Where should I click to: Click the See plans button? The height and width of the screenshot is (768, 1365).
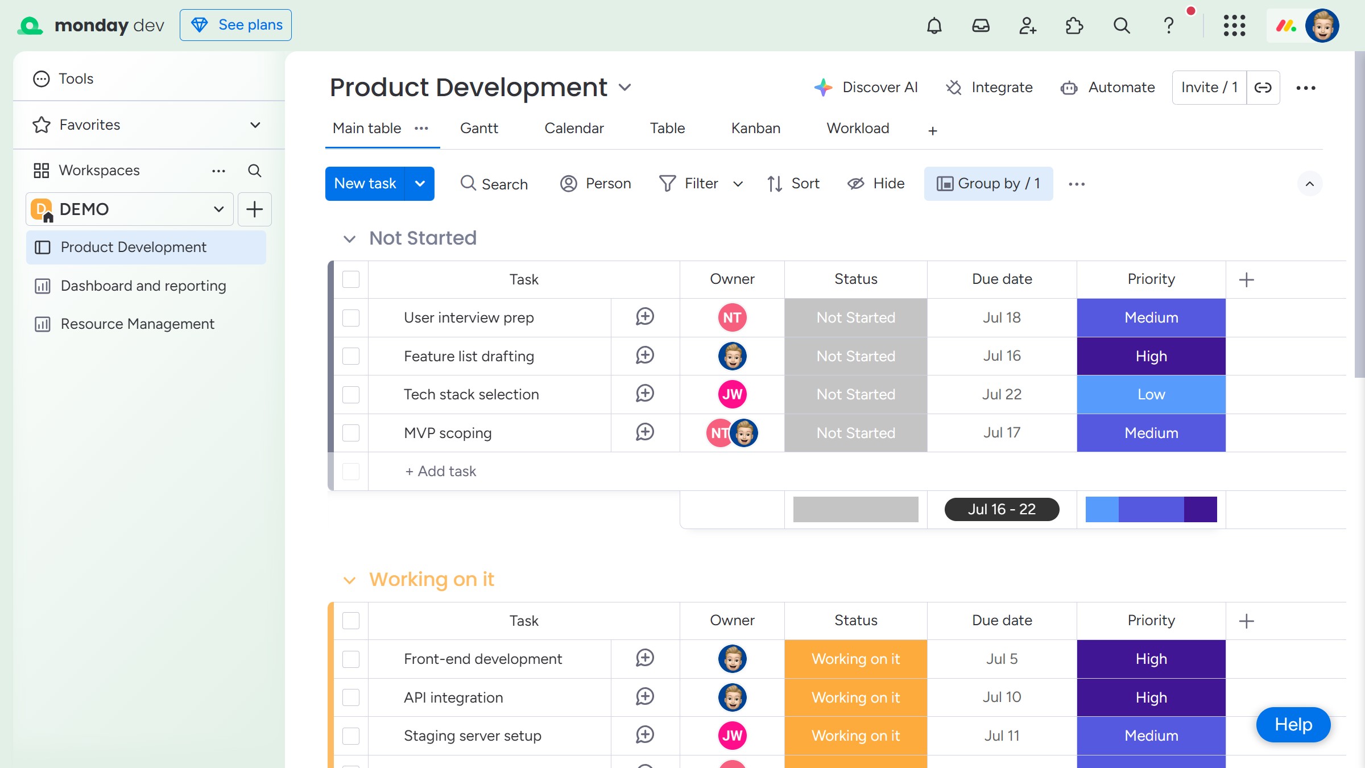coord(235,25)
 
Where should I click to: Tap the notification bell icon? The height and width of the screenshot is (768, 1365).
coord(934,26)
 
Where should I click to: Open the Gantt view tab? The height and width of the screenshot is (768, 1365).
coord(479,128)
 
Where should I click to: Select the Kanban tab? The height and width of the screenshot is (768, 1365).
coord(755,128)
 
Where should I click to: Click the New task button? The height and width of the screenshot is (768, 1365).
coord(365,183)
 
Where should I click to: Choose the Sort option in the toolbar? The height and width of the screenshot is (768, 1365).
coord(793,183)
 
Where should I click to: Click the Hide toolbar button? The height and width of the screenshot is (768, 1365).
coord(876,183)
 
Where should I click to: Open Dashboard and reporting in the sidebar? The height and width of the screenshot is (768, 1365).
coord(143,286)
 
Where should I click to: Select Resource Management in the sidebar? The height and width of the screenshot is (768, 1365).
coord(138,324)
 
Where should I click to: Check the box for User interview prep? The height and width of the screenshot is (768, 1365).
coord(351,317)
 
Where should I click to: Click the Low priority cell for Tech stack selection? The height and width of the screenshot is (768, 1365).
coord(1151,394)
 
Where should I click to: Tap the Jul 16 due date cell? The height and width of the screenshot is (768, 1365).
coord(1002,356)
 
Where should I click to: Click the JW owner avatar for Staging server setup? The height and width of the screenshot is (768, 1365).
coord(732,736)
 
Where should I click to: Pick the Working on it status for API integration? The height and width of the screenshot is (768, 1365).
coord(855,697)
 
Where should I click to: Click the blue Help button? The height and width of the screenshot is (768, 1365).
coord(1293,724)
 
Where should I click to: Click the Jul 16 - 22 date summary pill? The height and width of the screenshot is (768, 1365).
coord(1002,509)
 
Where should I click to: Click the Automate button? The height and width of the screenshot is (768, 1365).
coord(1108,87)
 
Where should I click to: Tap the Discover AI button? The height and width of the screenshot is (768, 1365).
coord(866,87)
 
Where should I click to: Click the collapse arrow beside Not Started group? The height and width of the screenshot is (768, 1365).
coord(349,239)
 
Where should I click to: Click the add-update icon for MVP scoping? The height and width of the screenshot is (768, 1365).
coord(645,432)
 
